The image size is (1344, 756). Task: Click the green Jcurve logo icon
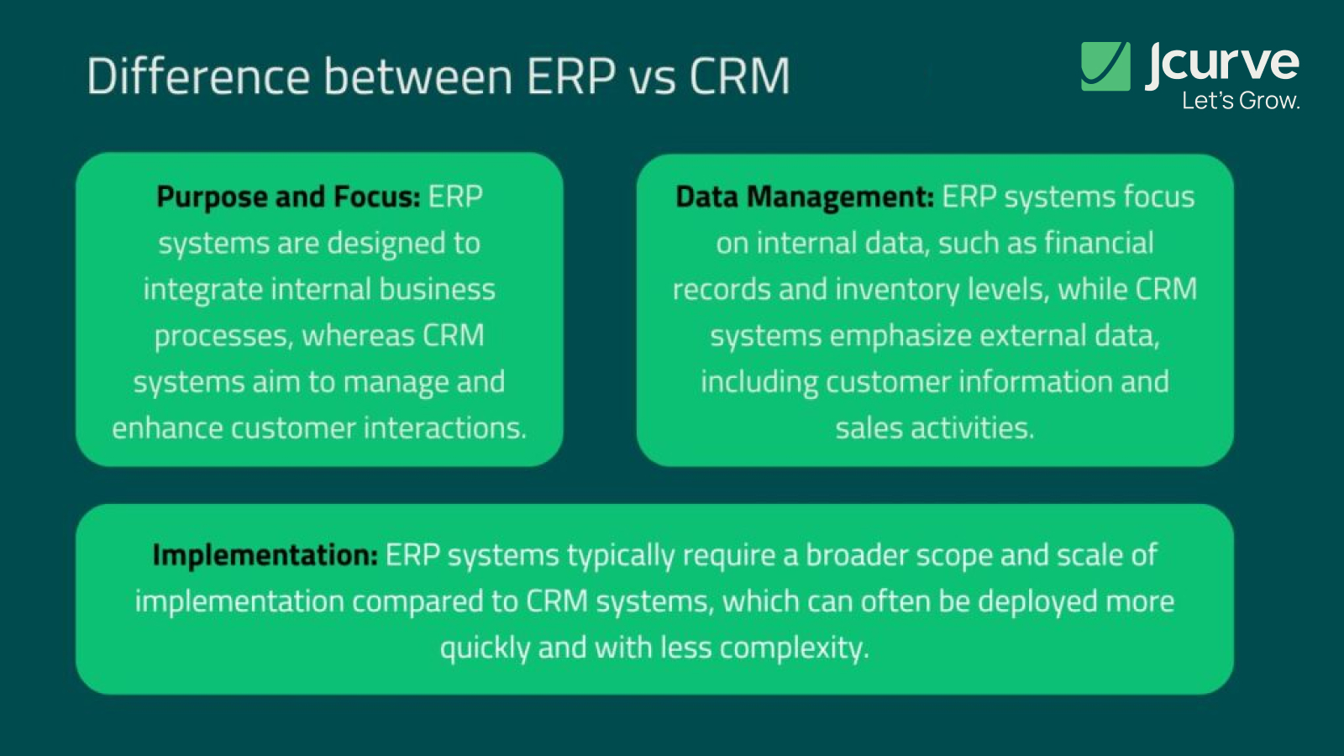[x=1105, y=66]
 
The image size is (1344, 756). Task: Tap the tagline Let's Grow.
[x=1240, y=101]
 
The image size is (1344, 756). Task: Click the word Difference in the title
[x=198, y=76]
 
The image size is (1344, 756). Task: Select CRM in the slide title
[x=739, y=76]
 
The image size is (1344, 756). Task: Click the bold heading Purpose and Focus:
[x=288, y=197]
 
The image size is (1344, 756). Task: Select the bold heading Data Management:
[x=804, y=197]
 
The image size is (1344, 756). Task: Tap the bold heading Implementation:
[x=265, y=555]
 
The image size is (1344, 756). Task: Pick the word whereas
[x=358, y=336]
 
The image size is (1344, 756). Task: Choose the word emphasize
[x=900, y=336]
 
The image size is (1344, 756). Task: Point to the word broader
[x=856, y=555]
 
